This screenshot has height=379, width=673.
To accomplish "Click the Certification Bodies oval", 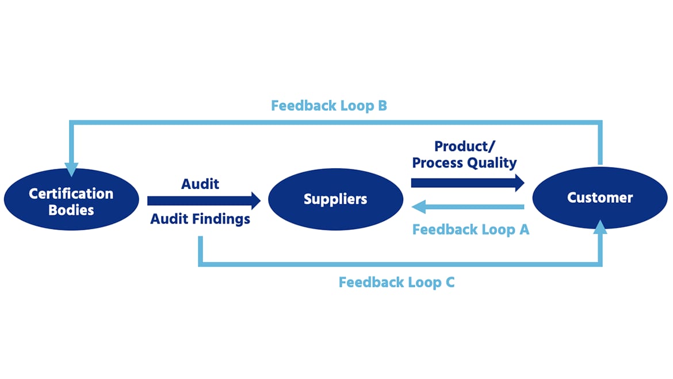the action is [71, 199].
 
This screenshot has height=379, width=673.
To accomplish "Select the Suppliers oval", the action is [336, 199].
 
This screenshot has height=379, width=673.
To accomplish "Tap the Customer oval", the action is [600, 198].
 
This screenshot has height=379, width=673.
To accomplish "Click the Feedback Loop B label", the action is [329, 106].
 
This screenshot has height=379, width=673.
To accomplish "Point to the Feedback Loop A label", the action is [471, 230].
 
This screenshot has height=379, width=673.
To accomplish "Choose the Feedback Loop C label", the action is [396, 282].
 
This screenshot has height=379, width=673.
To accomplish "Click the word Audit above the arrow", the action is [200, 184].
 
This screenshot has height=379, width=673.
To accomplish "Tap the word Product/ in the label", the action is [465, 146].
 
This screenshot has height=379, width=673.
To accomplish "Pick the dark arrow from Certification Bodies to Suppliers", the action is [204, 200].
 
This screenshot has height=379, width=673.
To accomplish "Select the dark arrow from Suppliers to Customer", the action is [468, 183].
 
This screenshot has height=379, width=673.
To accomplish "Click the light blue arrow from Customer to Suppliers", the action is [468, 207].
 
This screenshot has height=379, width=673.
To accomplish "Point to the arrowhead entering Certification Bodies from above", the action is [71, 170].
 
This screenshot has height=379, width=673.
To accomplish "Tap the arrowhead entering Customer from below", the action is [600, 227].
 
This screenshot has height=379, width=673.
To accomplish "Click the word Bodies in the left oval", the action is [71, 210].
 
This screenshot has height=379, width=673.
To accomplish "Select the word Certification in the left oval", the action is [71, 194].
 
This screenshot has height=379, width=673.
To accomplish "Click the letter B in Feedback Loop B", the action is [383, 106].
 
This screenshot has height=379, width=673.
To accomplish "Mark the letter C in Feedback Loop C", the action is [450, 282].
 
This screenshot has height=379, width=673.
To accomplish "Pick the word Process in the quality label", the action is [438, 163].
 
